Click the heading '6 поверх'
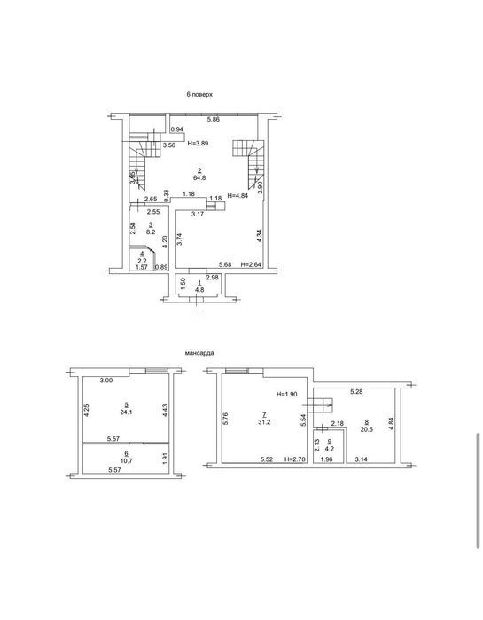pos(199,95)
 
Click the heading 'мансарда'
pos(199,353)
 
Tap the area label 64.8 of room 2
pos(199,178)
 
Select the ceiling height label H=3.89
pos(198,144)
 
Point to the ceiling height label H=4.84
pos(238,195)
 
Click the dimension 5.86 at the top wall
pos(214,120)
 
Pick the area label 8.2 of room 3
pos(151,232)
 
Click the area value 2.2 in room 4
pos(142,261)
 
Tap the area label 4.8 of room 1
pos(199,289)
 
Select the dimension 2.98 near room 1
pos(213,278)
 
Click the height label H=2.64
pos(251,264)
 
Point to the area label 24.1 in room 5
pos(126,412)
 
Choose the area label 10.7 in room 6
pos(126,460)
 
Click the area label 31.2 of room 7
pos(264,422)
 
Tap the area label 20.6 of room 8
pos(367,429)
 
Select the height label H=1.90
pos(286,394)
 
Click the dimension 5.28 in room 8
pos(356,392)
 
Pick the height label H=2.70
pos(295,459)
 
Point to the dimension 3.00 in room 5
pos(106,381)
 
